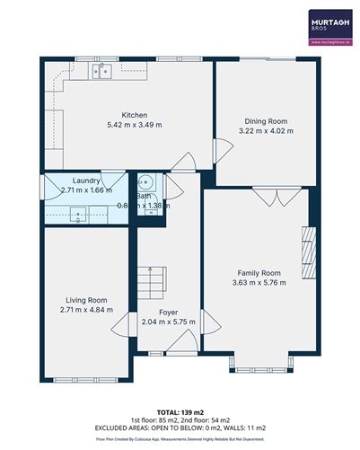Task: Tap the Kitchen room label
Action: pos(134,114)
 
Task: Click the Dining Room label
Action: pos(266,121)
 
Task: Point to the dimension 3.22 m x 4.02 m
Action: pos(266,131)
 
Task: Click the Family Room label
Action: pos(259,272)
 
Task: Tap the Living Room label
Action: pos(86,300)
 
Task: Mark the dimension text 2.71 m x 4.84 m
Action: pos(86,311)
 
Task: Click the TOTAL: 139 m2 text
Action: pos(180,410)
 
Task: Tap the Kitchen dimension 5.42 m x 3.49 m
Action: pos(134,124)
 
